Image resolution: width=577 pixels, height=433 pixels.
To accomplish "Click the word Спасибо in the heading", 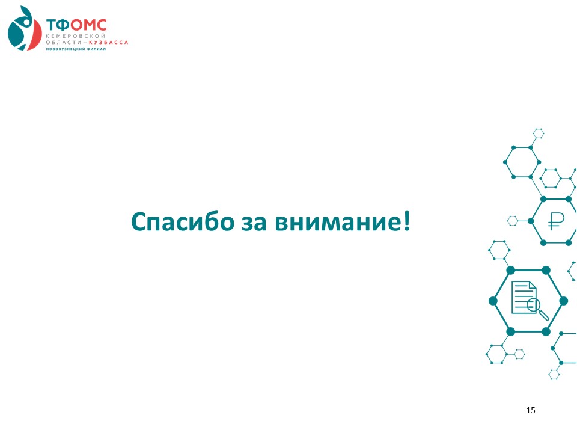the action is (183, 222).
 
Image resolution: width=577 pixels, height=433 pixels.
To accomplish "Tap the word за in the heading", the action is (254, 223).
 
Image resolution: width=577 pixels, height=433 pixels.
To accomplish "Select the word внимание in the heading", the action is (337, 223).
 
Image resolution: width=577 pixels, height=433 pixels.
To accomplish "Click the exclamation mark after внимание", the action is (406, 221).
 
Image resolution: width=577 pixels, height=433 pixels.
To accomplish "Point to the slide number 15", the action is (531, 410).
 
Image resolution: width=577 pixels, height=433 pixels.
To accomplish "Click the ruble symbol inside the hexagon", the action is (555, 221).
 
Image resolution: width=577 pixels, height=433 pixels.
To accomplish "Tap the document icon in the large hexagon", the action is (524, 298).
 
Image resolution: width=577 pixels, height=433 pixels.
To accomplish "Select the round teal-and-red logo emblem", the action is (25, 28).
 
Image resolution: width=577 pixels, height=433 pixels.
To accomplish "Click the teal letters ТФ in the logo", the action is (58, 25).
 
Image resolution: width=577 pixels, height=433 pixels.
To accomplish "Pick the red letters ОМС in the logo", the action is (89, 25).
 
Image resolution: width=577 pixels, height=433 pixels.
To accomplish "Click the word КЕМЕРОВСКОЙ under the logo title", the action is (76, 36).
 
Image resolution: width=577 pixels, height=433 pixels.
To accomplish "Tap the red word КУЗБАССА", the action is (109, 42).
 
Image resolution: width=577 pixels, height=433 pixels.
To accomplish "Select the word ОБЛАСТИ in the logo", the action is (63, 42).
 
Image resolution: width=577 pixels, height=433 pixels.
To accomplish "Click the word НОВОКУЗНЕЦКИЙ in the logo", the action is (65, 49).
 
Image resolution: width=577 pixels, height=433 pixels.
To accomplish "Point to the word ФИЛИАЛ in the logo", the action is (96, 49).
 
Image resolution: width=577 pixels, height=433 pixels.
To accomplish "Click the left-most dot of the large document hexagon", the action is (493, 301).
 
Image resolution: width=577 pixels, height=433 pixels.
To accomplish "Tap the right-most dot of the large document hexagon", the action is (563, 301).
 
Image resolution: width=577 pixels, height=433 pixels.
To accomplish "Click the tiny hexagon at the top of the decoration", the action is (539, 134).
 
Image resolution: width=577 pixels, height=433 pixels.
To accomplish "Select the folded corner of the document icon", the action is (533, 285).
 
